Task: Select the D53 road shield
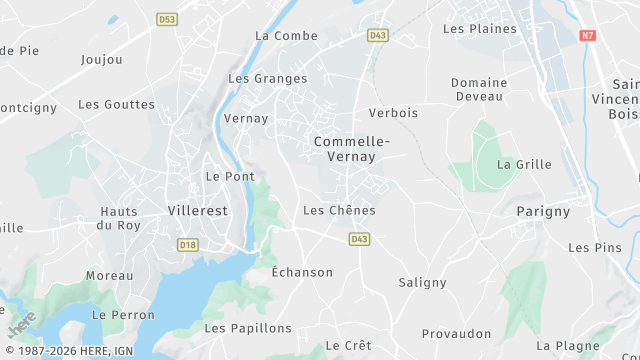(x=167, y=19)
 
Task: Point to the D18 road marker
(x=187, y=244)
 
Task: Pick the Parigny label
(x=543, y=211)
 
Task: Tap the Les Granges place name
(x=268, y=78)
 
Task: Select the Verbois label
(x=393, y=113)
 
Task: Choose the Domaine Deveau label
(x=479, y=89)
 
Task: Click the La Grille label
(x=524, y=164)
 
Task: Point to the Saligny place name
(x=422, y=282)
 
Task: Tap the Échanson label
(x=302, y=272)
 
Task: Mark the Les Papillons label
(x=248, y=328)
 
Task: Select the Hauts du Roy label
(x=120, y=218)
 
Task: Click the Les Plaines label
(x=480, y=28)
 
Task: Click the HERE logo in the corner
(x=21, y=325)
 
